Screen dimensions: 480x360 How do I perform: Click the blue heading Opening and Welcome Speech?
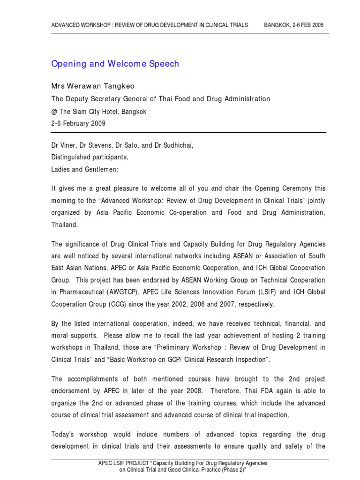tap(115, 64)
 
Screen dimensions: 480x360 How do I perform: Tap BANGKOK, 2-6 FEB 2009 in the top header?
tap(293, 25)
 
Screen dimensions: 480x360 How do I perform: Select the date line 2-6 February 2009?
tap(78, 124)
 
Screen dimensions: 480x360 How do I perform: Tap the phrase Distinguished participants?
tap(90, 157)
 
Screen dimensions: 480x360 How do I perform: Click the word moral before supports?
tap(60, 336)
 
